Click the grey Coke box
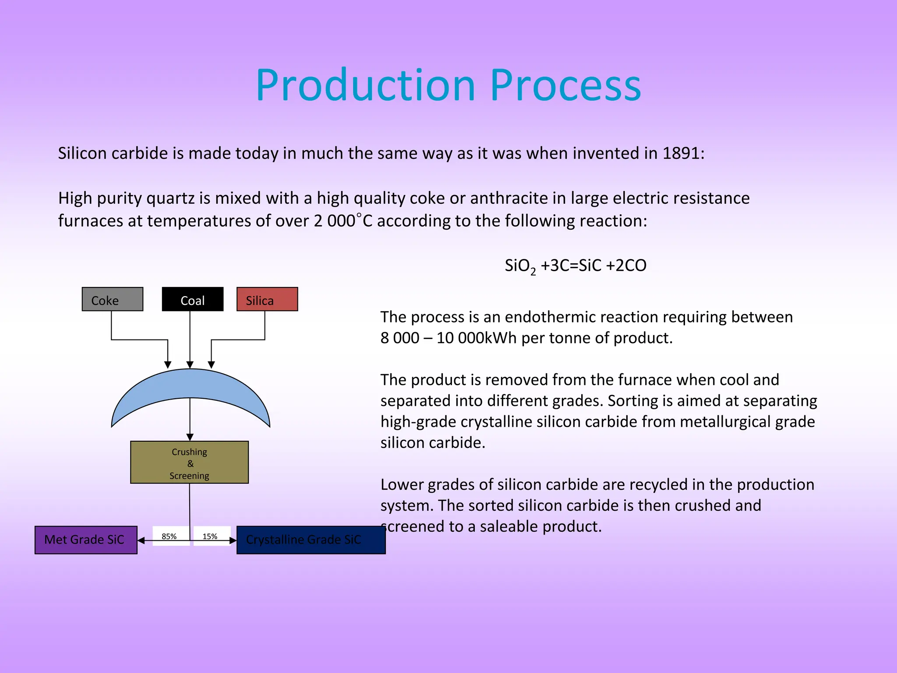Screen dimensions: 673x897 tap(112, 299)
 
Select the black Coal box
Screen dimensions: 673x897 tap(192, 299)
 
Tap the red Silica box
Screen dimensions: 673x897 tap(267, 299)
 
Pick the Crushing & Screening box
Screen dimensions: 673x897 tap(189, 462)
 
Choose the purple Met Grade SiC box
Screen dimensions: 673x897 tap(86, 540)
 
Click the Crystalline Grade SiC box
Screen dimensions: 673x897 tap(311, 540)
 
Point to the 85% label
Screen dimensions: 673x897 tap(169, 536)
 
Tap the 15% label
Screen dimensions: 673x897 tap(210, 536)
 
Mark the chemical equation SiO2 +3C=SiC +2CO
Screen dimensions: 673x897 tap(575, 266)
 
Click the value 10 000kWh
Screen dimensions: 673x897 tap(477, 338)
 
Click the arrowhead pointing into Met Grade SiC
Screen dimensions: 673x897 tap(141, 541)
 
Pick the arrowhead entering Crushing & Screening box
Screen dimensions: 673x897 tap(190, 437)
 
